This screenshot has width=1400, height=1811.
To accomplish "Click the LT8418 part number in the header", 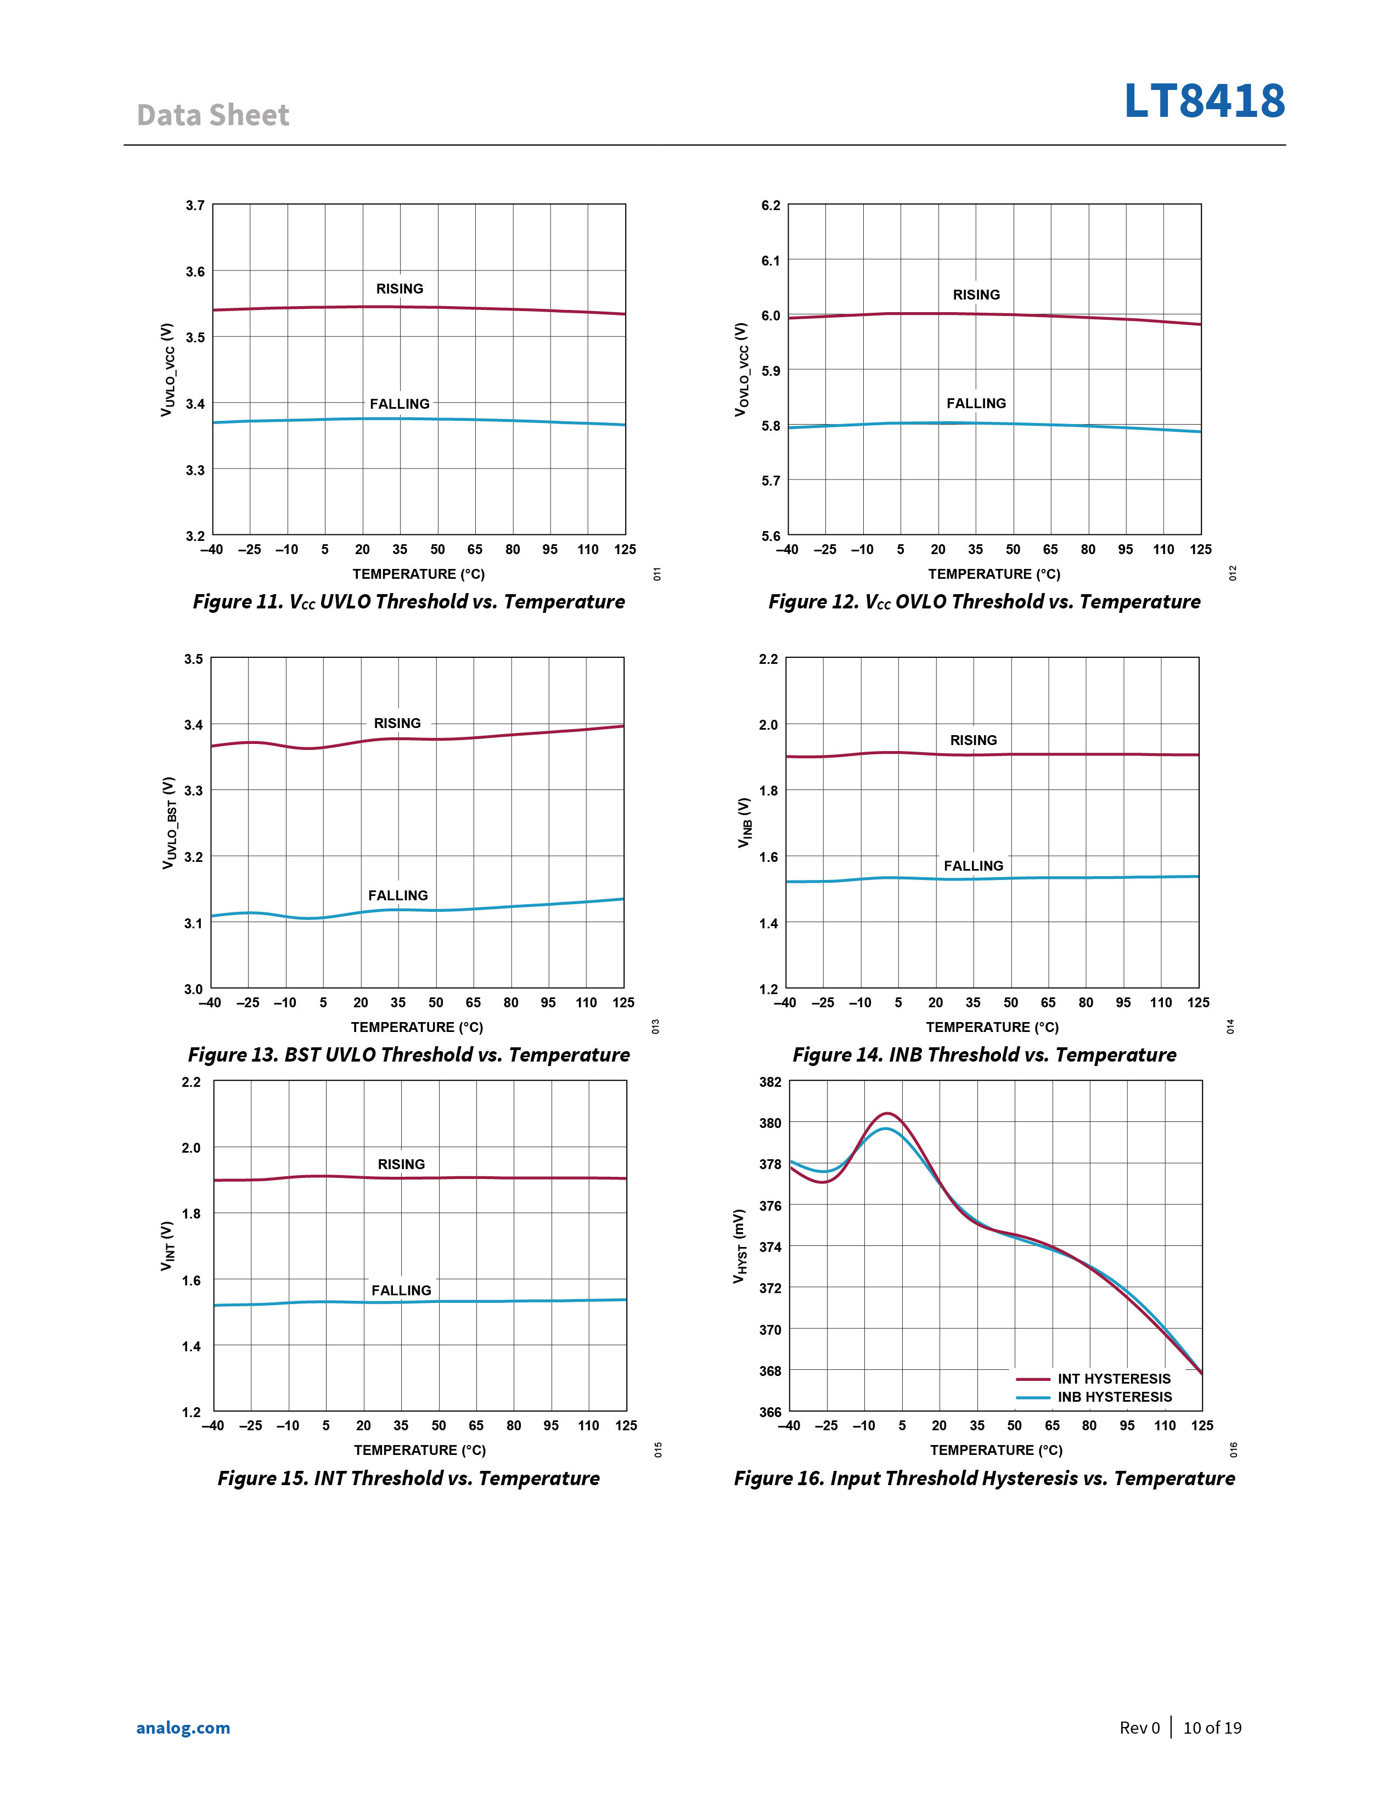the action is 1204,101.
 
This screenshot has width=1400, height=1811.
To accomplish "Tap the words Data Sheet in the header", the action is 213,115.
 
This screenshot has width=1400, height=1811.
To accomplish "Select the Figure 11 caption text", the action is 409,601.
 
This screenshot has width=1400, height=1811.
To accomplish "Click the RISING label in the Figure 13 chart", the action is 397,723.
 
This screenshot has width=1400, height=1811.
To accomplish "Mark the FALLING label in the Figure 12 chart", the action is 976,403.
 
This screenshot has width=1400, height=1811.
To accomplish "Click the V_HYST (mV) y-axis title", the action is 739,1246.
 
